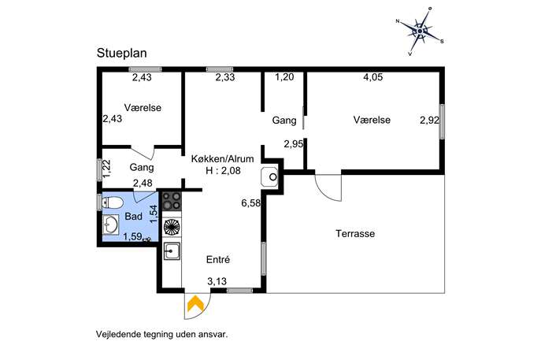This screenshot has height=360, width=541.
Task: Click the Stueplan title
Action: pos(122,53)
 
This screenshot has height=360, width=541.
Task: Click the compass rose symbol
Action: pos(420,32)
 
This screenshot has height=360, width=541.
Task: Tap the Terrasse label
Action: pos(355,234)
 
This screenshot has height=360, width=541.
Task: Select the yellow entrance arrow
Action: pos(195,304)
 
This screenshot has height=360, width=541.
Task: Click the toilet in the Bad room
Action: pos(112,202)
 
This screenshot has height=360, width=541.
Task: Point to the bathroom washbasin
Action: pos(110,225)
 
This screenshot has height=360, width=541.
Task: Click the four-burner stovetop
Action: pos(172,201)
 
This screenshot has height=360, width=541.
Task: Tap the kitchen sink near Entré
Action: pos(172,251)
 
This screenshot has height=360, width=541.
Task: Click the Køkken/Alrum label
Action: pos(223,159)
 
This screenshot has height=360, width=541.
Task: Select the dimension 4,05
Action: pos(373,77)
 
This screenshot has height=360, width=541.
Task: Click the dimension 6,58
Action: pos(251,203)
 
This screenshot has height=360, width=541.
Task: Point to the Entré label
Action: pos(218,259)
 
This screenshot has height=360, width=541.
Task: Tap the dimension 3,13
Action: pos(217,281)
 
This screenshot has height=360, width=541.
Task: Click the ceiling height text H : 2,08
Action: pos(223,170)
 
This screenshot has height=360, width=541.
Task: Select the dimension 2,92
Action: pos(429,120)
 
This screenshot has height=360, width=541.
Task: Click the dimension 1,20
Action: pos(284,77)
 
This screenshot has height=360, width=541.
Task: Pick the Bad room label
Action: pos(134,217)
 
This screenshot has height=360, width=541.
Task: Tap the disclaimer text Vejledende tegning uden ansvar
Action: pos(162,335)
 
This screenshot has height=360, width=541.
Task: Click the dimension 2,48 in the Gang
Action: pos(143,183)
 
